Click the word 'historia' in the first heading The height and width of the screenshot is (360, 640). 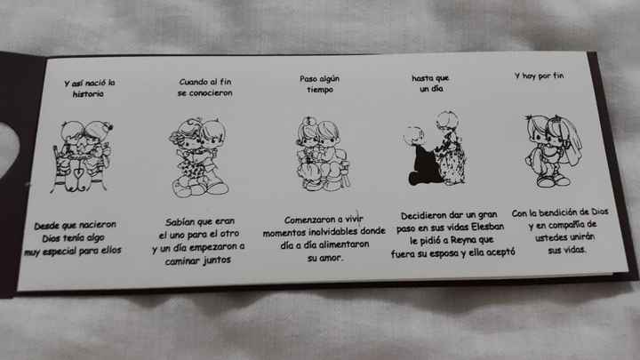(x=88, y=93)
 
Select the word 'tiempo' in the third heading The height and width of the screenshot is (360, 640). (x=320, y=91)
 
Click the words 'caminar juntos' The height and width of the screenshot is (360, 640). (x=204, y=261)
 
